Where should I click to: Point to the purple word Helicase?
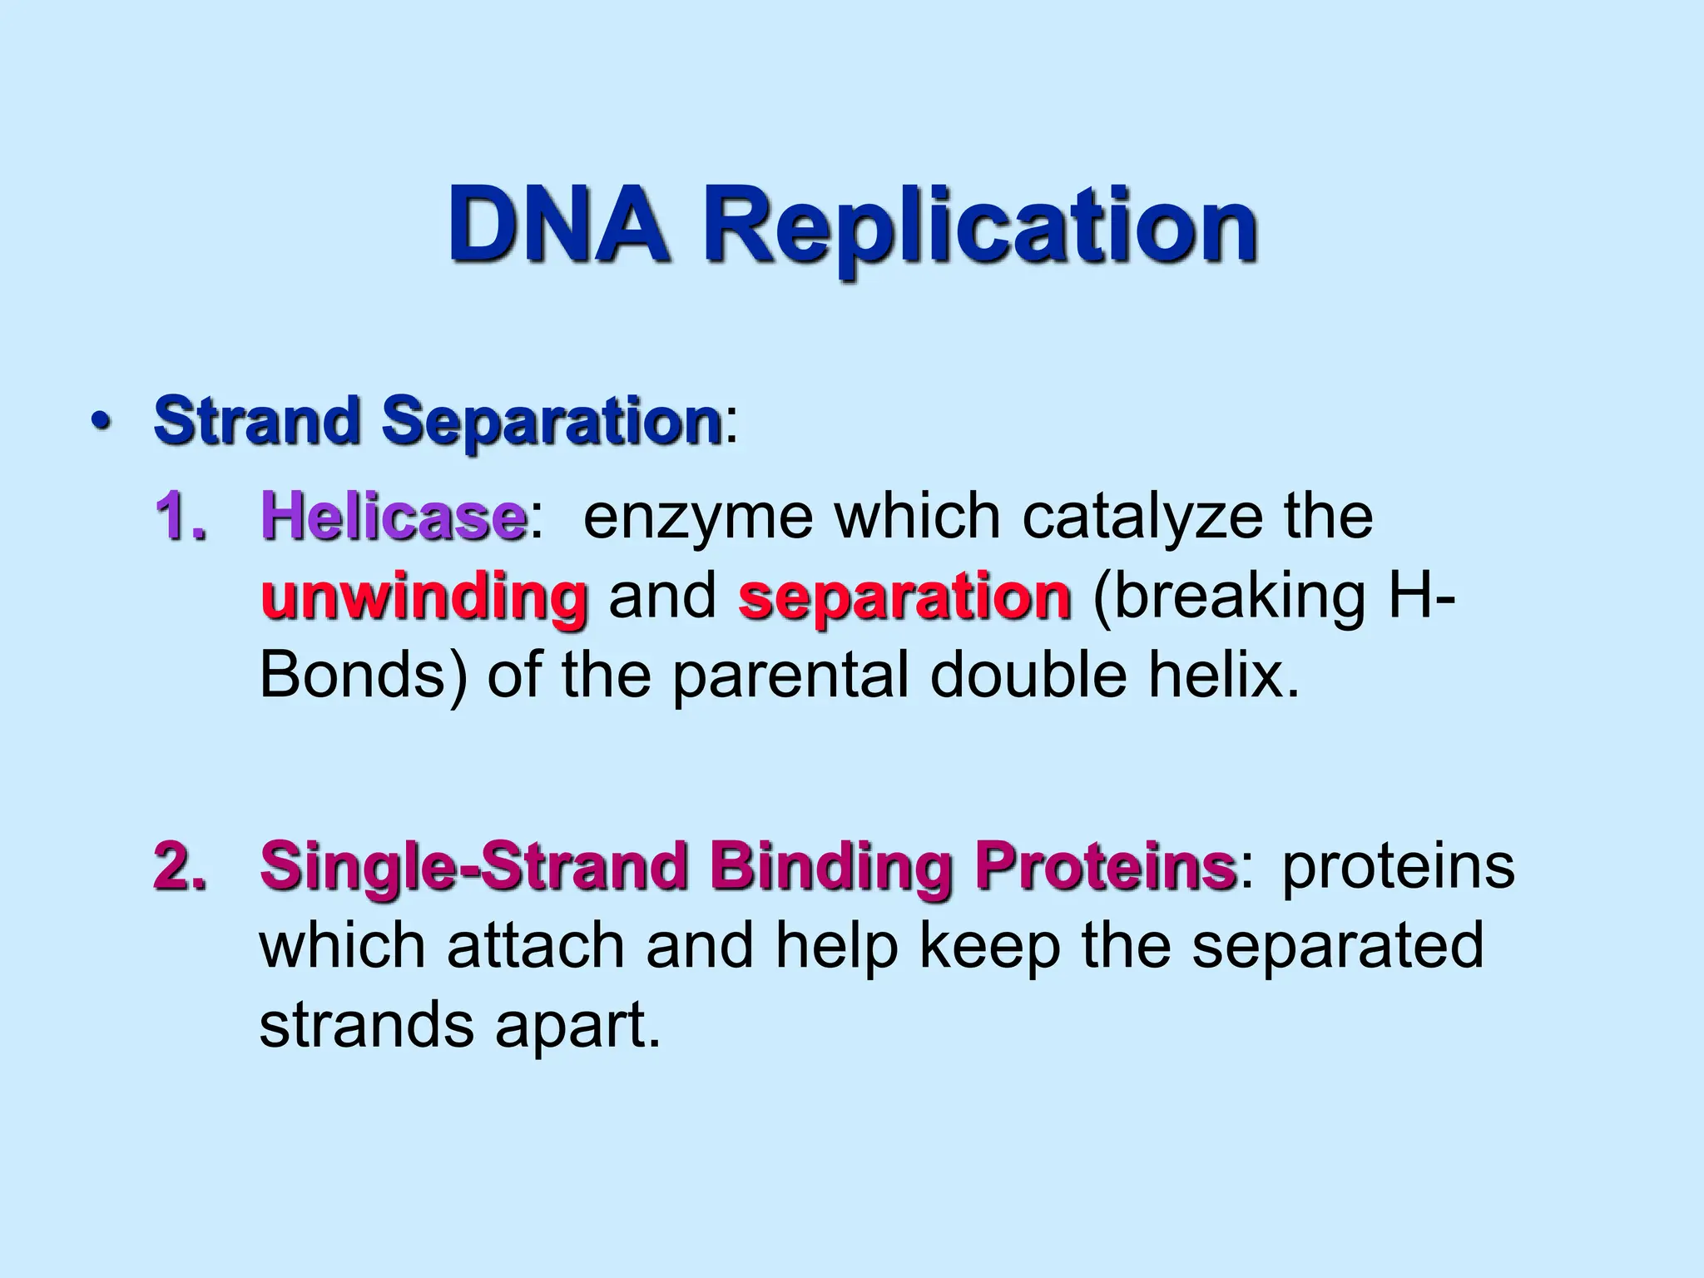(393, 517)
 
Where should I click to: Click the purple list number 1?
(180, 517)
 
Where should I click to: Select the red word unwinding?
(424, 597)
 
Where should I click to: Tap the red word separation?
(904, 597)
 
